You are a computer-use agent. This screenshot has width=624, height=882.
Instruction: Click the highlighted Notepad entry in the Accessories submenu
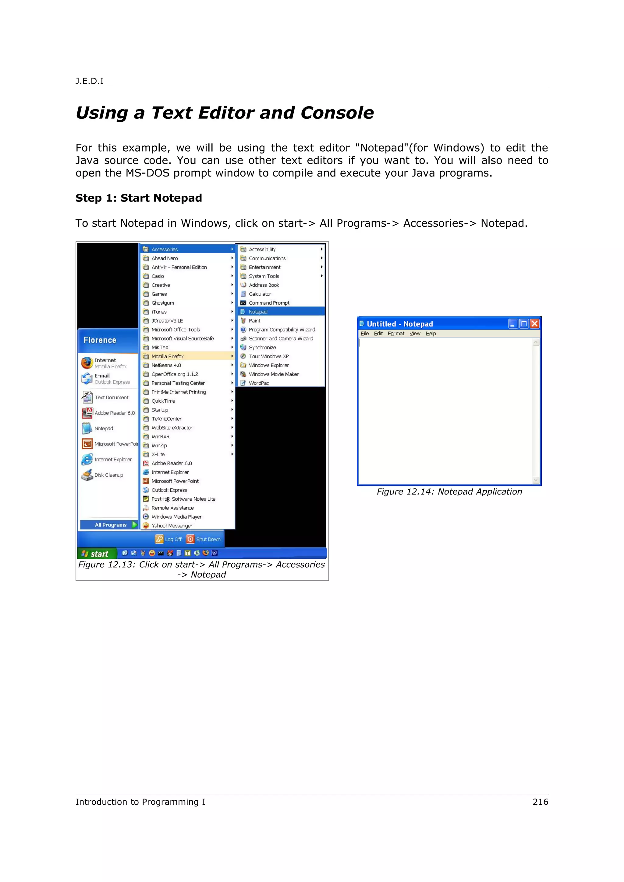click(x=258, y=312)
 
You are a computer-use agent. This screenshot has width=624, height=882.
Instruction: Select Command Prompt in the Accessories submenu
click(x=269, y=303)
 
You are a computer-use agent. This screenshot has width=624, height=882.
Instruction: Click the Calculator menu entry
click(x=260, y=294)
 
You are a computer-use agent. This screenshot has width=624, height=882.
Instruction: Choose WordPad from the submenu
click(x=259, y=383)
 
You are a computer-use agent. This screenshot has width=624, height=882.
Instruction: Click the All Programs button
click(x=110, y=525)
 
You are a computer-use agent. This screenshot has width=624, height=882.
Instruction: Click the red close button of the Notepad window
click(x=534, y=324)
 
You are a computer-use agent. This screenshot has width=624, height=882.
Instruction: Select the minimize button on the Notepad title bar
click(x=513, y=324)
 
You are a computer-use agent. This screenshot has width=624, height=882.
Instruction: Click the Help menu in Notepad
click(x=431, y=334)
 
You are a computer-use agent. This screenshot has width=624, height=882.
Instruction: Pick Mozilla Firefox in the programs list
click(x=168, y=356)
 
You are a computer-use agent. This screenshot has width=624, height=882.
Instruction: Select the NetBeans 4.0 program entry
click(x=166, y=365)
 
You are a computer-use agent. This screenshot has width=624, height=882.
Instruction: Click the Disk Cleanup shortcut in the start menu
click(x=108, y=475)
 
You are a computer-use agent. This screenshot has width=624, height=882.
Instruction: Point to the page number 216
click(x=540, y=802)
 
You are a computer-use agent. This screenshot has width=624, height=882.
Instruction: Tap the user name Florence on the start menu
click(x=100, y=340)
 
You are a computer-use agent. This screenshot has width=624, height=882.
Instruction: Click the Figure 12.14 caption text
click(x=449, y=492)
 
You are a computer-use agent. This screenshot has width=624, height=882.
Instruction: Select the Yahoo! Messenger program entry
click(x=172, y=526)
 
